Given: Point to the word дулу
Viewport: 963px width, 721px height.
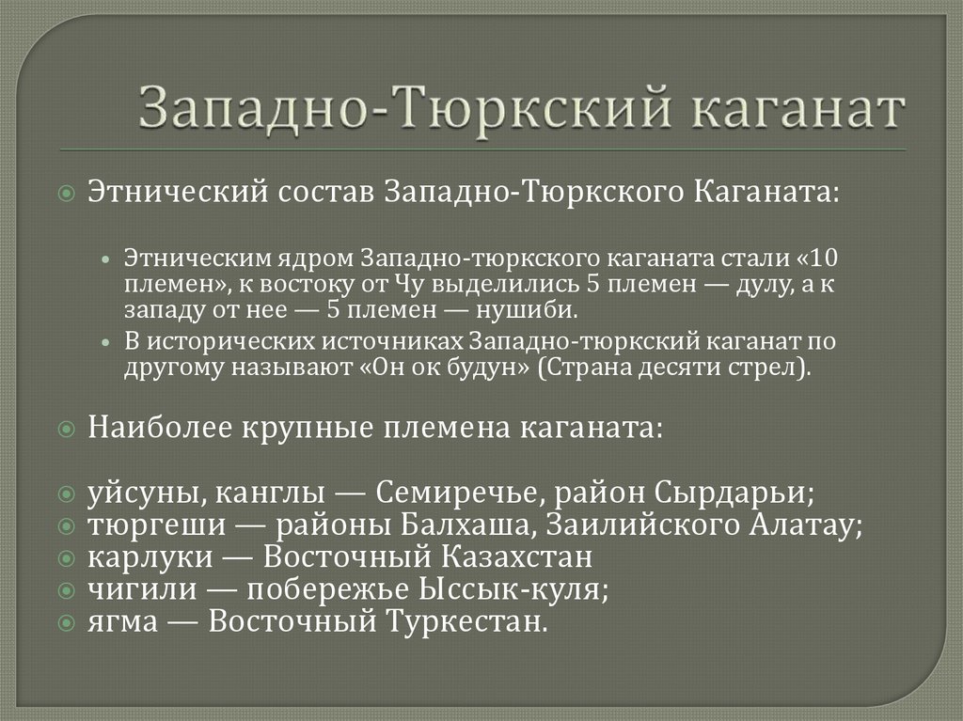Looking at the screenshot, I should [732, 285].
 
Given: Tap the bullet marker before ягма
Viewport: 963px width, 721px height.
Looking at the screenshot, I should [65, 622].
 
